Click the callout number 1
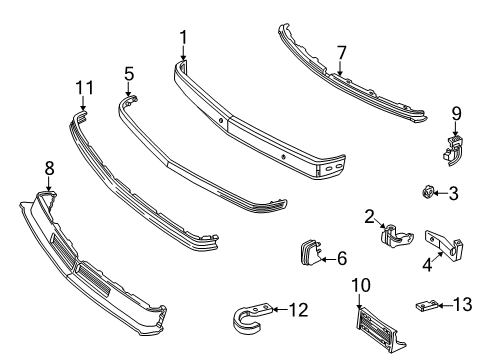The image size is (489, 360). click(x=183, y=37)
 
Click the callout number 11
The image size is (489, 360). click(x=129, y=73)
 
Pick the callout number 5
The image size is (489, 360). click(x=342, y=258)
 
